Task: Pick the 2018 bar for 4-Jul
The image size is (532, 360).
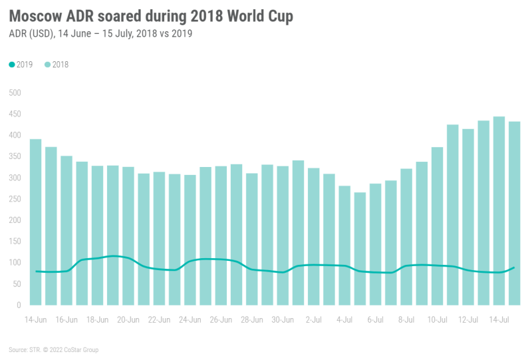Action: coord(344,246)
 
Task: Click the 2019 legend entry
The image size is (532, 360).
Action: coord(23,65)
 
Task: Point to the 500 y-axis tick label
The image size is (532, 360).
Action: coord(15,93)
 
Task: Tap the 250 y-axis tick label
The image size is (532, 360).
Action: coord(15,199)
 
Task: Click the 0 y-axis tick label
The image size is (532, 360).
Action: coord(19,305)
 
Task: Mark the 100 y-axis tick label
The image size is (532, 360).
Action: coord(15,263)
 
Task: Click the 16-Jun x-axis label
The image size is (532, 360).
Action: coord(66,319)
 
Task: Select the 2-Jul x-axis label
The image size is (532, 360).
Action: coord(313,319)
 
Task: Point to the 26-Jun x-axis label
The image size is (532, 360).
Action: coord(221,319)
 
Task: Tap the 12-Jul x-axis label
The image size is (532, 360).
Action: coord(467,319)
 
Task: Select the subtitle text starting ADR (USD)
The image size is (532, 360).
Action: coord(100,34)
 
